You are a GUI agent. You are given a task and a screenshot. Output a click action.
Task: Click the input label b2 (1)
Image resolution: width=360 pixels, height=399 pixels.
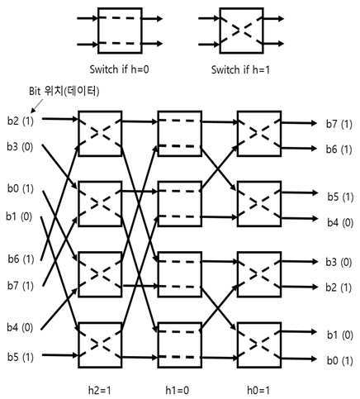(21, 121)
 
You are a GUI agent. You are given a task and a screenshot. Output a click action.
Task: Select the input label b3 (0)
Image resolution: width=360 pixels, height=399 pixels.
(20, 146)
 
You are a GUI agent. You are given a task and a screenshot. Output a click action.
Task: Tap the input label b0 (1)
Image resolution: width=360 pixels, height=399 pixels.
(21, 188)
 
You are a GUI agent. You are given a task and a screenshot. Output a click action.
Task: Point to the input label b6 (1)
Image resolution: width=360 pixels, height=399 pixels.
(21, 259)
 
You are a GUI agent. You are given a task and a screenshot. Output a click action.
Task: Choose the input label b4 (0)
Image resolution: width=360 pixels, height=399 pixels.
(20, 327)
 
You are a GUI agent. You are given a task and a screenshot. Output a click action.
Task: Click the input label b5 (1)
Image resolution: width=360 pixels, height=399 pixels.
(21, 357)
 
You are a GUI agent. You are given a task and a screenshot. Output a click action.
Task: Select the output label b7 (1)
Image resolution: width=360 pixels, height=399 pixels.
(339, 124)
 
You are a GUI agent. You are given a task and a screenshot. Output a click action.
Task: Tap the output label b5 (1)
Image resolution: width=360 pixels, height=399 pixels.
(340, 197)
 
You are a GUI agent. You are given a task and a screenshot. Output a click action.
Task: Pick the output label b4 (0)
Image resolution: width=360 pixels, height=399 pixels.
(340, 222)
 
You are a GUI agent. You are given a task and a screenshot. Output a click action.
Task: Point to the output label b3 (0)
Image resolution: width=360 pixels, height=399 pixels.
(339, 262)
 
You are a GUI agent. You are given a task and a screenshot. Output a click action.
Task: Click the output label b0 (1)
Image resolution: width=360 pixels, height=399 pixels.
(340, 360)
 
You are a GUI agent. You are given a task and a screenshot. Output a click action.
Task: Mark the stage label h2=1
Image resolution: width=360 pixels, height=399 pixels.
(100, 390)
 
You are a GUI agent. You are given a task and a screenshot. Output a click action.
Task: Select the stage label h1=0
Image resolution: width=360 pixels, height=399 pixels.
(178, 390)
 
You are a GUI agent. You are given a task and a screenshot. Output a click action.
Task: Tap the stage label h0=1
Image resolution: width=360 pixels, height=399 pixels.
(258, 390)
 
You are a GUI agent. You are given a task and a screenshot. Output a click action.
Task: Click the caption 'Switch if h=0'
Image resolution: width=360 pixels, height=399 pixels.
(119, 69)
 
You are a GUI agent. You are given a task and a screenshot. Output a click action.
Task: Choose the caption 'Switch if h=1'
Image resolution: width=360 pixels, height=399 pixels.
(240, 69)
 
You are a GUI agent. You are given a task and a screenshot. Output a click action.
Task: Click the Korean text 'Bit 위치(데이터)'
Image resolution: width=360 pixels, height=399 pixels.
(64, 91)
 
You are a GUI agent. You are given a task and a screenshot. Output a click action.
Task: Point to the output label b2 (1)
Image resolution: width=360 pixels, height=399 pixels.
(339, 287)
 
